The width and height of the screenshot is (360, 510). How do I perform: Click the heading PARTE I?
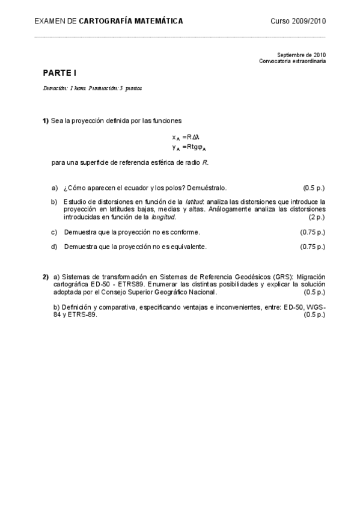coord(59,72)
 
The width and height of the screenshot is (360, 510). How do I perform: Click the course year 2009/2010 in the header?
coord(298,21)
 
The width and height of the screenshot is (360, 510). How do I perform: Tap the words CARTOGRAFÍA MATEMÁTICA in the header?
coord(131,21)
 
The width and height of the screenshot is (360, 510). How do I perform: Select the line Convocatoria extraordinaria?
coord(293,61)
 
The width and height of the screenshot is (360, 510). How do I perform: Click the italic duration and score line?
coord(92,88)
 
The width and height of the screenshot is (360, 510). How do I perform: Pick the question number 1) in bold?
coord(46,121)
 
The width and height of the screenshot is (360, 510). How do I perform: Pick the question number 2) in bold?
coord(46,277)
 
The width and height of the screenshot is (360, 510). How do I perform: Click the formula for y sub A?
coord(189,147)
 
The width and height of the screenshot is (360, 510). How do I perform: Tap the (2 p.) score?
coord(316,217)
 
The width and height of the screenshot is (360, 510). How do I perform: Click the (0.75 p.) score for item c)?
coord(313,232)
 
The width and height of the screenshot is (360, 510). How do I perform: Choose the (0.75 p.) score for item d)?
coord(313,247)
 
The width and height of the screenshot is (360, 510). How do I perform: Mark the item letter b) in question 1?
coord(54,201)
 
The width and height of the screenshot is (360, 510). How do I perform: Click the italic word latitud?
coord(195,201)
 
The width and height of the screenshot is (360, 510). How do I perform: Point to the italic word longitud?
coord(163,217)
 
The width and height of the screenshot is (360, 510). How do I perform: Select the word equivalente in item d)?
coord(189,247)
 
